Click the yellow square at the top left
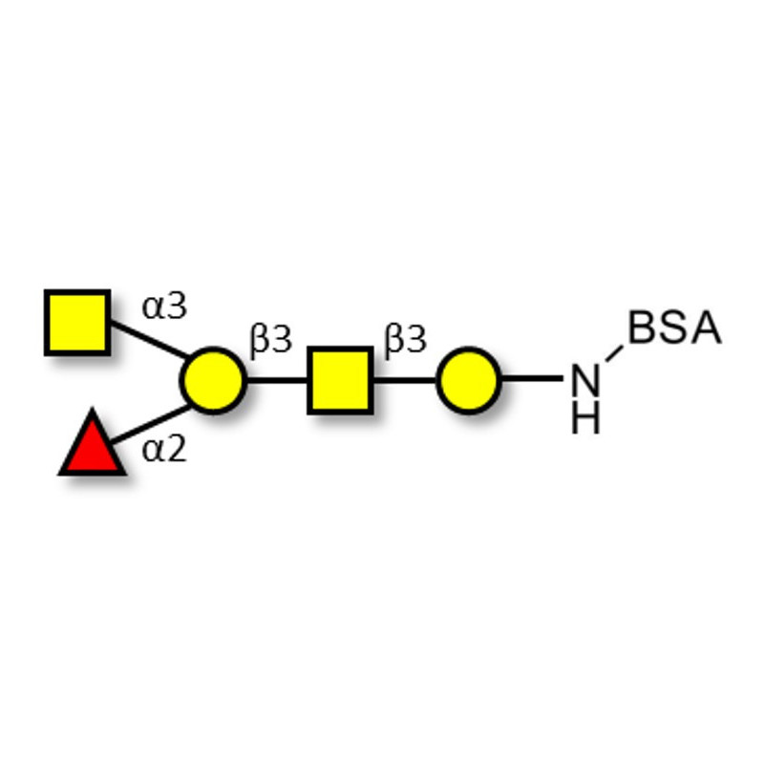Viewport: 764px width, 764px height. [77, 323]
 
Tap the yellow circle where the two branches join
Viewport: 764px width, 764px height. [213, 380]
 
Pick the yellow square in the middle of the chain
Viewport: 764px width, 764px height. [340, 380]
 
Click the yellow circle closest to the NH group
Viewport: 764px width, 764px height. [468, 380]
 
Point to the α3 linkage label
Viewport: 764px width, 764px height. [164, 308]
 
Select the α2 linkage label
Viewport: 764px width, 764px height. [164, 449]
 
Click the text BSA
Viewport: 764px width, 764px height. [674, 329]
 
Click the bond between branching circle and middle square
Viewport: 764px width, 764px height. [277, 380]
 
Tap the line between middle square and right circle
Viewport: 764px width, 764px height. [404, 380]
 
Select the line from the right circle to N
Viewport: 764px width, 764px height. [531, 379]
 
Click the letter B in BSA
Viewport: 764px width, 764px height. [644, 329]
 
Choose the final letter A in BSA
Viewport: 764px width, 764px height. [705, 329]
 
